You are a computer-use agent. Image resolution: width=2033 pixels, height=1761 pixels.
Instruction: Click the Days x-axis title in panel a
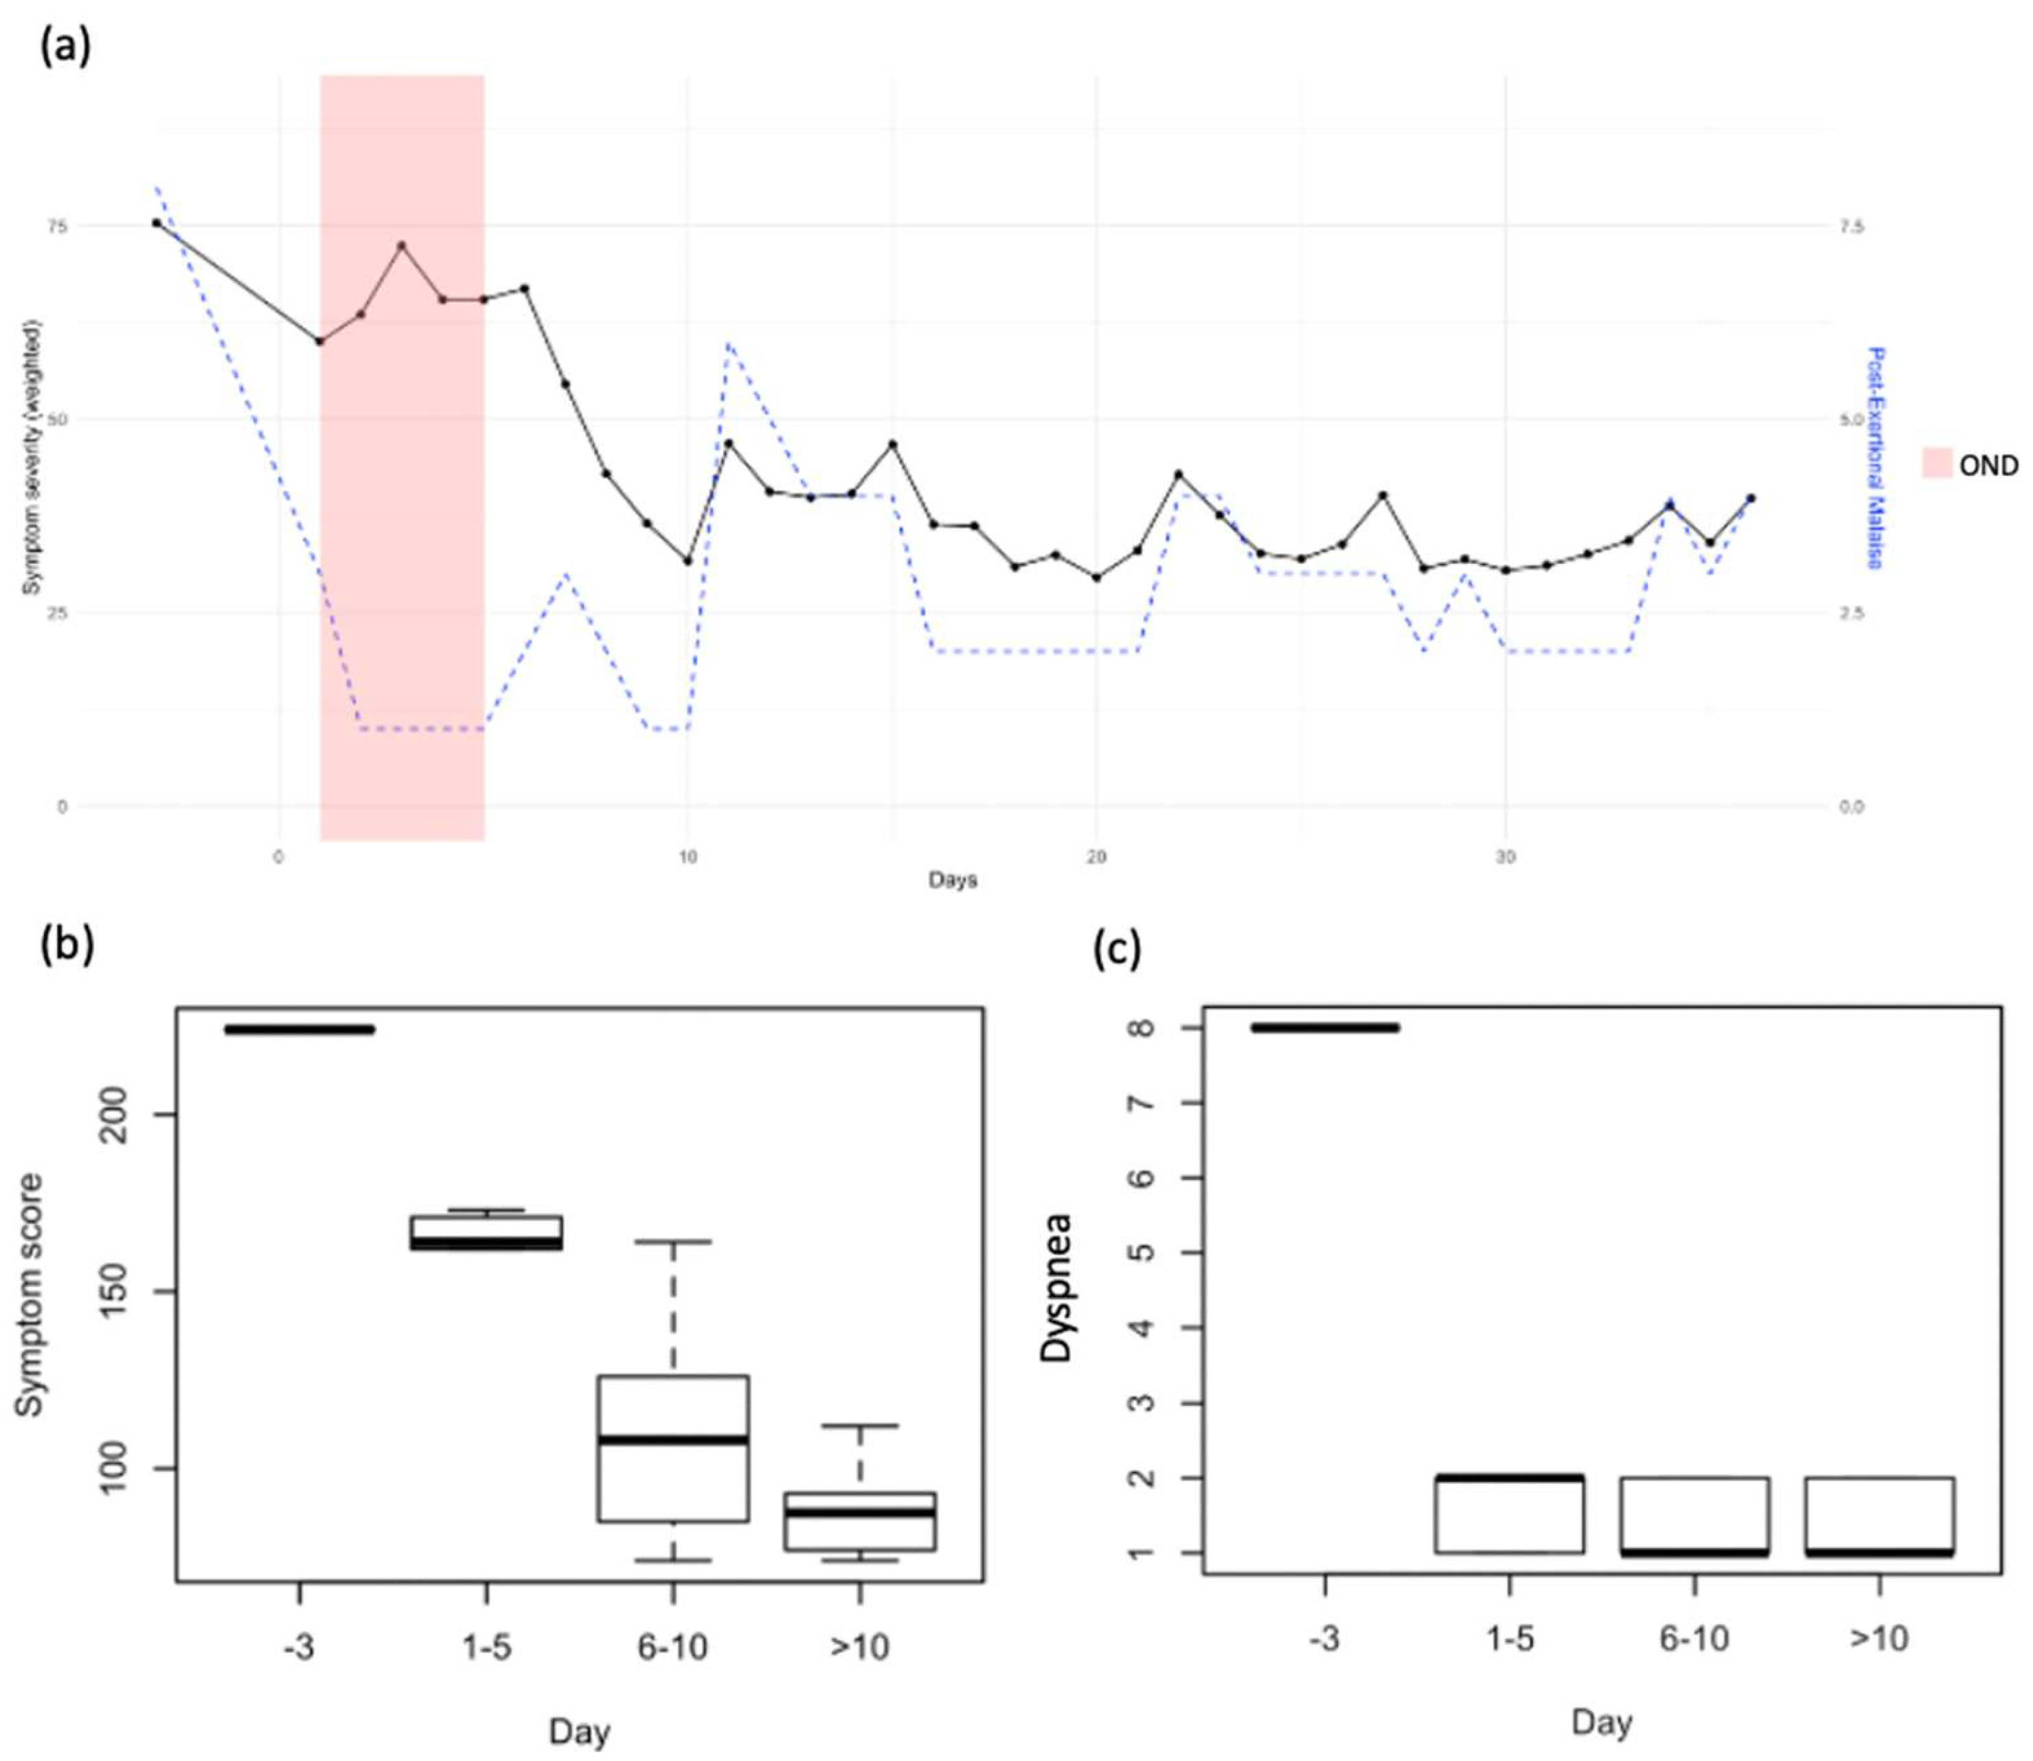click(x=952, y=880)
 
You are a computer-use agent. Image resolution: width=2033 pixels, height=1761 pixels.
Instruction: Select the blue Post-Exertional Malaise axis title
click(x=1876, y=458)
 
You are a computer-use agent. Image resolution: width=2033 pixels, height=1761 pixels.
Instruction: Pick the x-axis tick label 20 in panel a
click(x=1095, y=858)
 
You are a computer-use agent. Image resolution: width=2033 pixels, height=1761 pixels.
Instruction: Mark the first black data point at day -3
click(x=156, y=223)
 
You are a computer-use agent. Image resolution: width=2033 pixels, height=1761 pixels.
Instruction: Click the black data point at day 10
click(x=688, y=561)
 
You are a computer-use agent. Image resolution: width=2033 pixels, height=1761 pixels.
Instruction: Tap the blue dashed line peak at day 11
click(x=728, y=343)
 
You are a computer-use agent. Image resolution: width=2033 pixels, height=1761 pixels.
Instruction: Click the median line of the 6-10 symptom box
click(x=673, y=1440)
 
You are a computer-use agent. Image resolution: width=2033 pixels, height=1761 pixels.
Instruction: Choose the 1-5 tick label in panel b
click(x=486, y=1647)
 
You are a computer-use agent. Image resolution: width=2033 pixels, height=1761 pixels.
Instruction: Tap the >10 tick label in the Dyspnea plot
click(x=1878, y=1638)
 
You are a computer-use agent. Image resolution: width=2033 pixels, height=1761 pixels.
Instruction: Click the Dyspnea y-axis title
click(x=1056, y=1288)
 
